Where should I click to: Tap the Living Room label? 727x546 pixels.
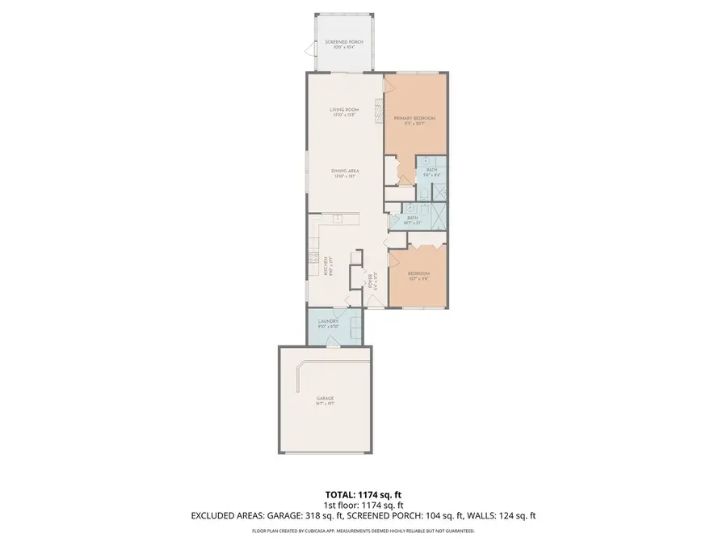(x=344, y=112)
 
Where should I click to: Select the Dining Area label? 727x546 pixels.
(x=344, y=172)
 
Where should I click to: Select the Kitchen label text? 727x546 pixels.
(x=326, y=267)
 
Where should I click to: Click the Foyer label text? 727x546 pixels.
(x=371, y=281)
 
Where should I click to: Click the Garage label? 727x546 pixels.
(x=325, y=400)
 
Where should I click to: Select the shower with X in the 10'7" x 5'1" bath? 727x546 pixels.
(x=435, y=218)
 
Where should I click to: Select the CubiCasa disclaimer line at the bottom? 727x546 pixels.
(x=363, y=531)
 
